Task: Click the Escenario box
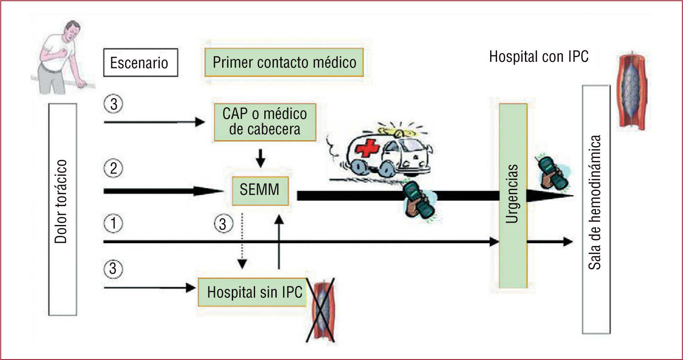pos(139,62)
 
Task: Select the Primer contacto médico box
pos(284,62)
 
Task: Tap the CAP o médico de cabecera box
pos(265,121)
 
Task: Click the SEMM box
pos(260,190)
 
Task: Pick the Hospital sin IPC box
pos(252,292)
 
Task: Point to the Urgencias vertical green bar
pos(513,196)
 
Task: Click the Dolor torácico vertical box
pos(63,209)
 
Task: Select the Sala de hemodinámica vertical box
pos(596,209)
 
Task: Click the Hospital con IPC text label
pos(538,57)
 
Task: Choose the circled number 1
pos(113,224)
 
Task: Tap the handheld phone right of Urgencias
pos(552,173)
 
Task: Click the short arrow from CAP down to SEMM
pos(260,158)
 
